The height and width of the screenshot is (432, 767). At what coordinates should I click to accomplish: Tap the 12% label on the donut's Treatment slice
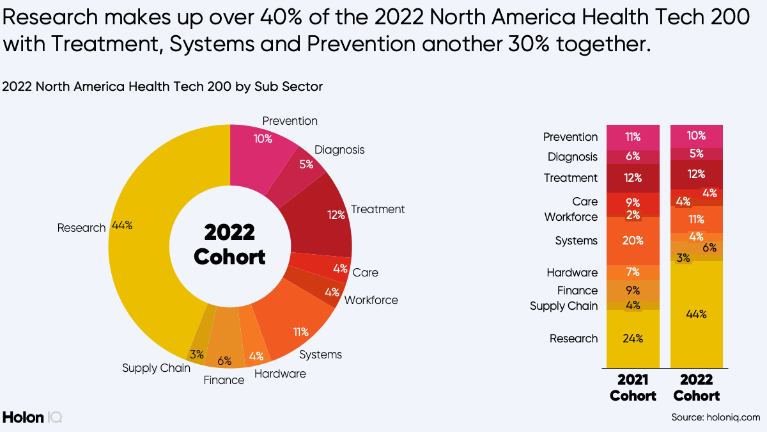tap(336, 215)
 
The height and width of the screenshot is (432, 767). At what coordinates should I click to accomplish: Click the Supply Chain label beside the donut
tap(156, 368)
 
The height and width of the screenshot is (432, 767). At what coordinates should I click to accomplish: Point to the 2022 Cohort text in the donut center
tap(229, 244)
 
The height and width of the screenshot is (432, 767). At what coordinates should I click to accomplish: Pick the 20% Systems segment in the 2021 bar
tap(632, 241)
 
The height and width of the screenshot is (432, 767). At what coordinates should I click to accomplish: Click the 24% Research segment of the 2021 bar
tap(632, 339)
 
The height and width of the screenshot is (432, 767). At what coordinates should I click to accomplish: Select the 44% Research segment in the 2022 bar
tap(696, 314)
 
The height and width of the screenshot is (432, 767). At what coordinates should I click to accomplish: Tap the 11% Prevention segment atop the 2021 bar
tap(632, 137)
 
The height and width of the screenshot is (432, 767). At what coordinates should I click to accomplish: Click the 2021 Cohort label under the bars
tap(632, 388)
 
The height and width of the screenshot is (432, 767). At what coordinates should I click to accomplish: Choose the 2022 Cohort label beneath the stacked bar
tap(696, 388)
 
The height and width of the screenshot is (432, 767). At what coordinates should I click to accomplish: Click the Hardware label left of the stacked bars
tap(572, 273)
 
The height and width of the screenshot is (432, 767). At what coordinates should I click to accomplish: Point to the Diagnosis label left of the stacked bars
tap(572, 157)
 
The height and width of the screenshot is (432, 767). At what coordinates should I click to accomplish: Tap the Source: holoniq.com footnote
tap(715, 417)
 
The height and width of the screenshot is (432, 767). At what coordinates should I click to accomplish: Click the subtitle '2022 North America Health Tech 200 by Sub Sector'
tap(162, 86)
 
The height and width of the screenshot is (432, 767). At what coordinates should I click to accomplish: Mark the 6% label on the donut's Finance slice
tap(224, 360)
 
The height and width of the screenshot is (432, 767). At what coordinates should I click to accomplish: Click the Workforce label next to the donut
tap(371, 300)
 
